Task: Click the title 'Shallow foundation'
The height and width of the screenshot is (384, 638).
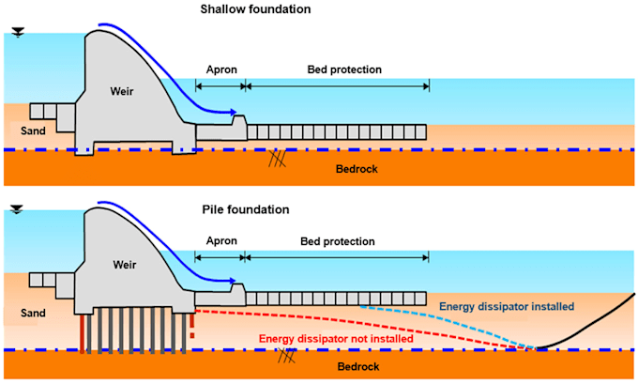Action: (x=255, y=9)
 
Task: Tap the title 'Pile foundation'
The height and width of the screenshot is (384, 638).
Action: (x=246, y=209)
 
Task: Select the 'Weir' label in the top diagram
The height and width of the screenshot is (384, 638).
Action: (x=122, y=91)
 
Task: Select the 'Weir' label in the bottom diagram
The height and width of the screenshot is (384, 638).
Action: (x=125, y=265)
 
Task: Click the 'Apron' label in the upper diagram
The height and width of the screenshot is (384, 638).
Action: (x=221, y=69)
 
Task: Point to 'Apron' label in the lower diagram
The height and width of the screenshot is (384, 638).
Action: (x=221, y=241)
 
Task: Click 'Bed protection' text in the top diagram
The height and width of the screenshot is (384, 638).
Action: (x=344, y=69)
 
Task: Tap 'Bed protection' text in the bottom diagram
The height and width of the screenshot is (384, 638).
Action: (x=338, y=241)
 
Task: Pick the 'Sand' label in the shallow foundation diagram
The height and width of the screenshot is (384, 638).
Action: (x=33, y=131)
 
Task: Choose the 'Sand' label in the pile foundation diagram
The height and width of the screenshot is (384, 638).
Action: (x=33, y=313)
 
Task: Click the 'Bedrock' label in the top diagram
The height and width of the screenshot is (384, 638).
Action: (x=357, y=169)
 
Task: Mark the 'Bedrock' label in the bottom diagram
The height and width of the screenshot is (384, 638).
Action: (x=358, y=366)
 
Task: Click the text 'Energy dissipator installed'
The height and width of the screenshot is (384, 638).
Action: (x=507, y=306)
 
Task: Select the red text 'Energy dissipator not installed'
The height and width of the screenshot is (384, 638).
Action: (x=336, y=339)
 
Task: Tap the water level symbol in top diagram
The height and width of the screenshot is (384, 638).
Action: (x=18, y=32)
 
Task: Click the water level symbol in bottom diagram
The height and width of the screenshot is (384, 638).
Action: (x=17, y=209)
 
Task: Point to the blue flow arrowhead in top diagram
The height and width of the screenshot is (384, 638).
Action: (x=233, y=112)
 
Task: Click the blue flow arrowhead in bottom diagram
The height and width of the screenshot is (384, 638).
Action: (x=233, y=281)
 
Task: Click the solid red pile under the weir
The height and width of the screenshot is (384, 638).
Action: (x=83, y=333)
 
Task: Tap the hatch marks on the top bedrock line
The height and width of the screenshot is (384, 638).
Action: (x=277, y=158)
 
